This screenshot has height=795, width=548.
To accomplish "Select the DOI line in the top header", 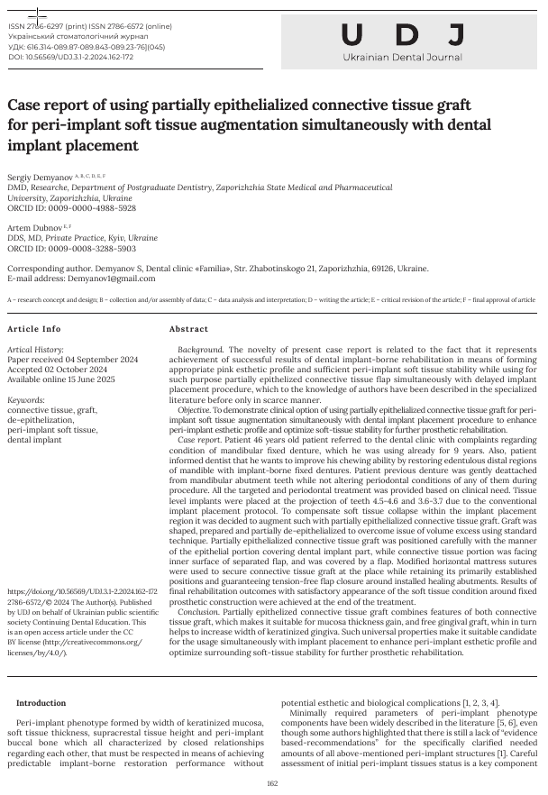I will (71, 57).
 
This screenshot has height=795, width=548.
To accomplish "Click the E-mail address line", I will (85, 279).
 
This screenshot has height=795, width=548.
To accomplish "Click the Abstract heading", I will (188, 329).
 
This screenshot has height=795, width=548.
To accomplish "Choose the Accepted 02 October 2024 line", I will (57, 368).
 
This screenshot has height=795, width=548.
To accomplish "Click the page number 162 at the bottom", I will (273, 783).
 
